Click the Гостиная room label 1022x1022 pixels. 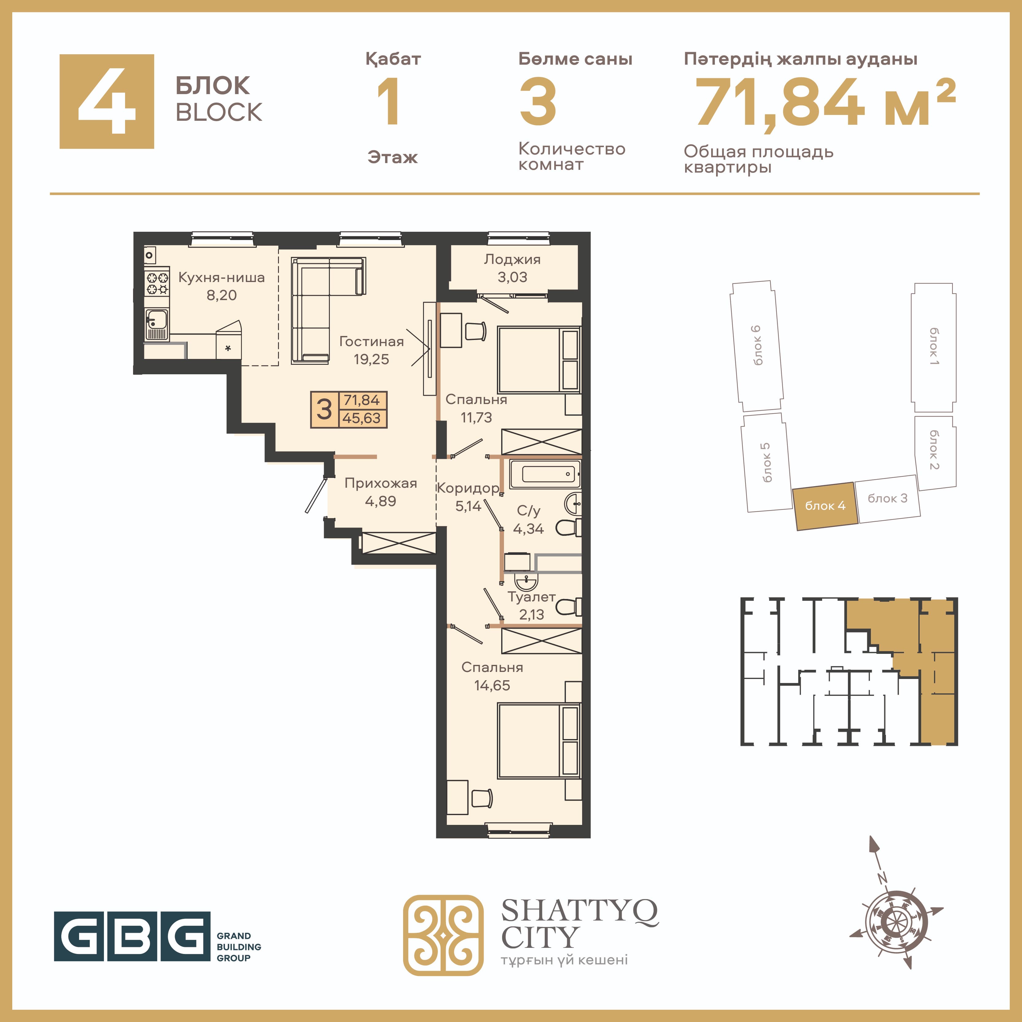tap(371, 342)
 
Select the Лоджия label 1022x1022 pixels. tap(512, 260)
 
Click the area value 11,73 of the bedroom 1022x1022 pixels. tap(476, 418)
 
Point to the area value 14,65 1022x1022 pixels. tap(492, 685)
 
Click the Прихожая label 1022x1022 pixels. tap(381, 483)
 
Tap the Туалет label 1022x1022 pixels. tap(531, 597)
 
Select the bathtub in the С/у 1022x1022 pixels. tap(545, 474)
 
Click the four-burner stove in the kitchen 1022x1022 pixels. tap(157, 283)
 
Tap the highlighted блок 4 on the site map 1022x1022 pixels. tap(825, 506)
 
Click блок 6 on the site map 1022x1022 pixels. tap(757, 346)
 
